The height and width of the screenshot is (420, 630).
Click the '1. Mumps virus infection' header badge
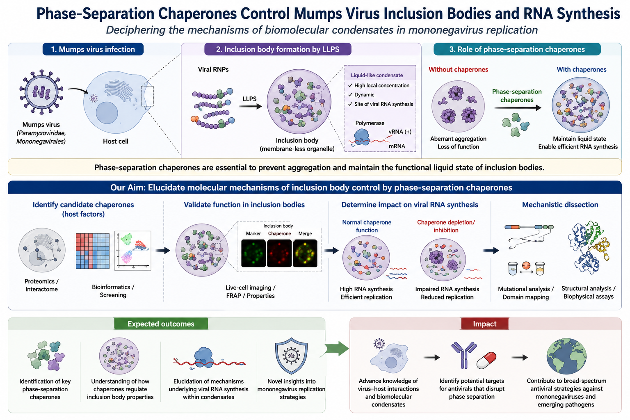93,49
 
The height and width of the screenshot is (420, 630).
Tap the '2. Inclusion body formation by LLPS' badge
278,49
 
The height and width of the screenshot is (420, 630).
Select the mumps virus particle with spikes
41,92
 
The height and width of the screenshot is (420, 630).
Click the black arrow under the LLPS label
250,106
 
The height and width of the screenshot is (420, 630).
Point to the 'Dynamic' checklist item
364,95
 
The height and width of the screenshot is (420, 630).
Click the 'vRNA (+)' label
400,132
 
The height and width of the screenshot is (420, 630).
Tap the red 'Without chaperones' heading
458,69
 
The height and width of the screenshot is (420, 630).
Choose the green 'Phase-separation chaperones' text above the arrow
517,96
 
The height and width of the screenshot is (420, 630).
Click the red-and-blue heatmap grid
93,251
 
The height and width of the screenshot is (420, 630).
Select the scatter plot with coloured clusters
133,251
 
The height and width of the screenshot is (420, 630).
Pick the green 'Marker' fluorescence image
253,253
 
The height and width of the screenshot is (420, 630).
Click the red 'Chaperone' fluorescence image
279,253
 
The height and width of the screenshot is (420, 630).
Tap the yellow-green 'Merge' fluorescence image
305,253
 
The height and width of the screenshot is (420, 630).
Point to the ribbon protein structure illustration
589,247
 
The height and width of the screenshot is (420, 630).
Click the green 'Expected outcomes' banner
161,324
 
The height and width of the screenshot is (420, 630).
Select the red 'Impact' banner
484,324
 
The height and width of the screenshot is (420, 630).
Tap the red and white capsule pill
486,361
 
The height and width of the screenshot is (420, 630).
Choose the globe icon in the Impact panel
566,356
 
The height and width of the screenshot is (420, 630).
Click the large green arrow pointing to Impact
337,349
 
